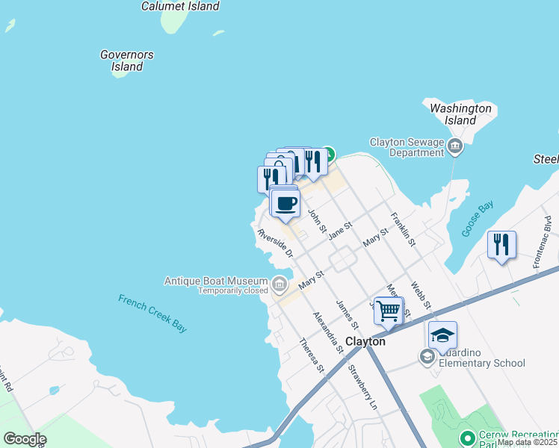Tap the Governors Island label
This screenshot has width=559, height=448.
tap(127, 60)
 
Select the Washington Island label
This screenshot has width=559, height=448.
tap(461, 114)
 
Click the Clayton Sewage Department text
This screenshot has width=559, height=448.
tap(407, 147)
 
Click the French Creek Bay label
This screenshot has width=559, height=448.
tap(152, 313)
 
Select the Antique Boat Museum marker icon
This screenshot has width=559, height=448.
tap(279, 283)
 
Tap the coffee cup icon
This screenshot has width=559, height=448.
tap(285, 203)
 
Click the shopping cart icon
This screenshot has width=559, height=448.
tap(388, 310)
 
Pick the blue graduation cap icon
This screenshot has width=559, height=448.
tap(442, 335)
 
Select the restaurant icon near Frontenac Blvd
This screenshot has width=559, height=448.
tap(501, 244)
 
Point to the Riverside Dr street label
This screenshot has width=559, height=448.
tap(274, 244)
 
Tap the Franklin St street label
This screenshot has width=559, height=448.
tap(403, 229)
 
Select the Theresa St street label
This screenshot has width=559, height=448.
tap(312, 355)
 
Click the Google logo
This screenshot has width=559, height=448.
tap(25, 439)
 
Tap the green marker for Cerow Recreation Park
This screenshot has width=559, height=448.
tap(468, 438)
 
